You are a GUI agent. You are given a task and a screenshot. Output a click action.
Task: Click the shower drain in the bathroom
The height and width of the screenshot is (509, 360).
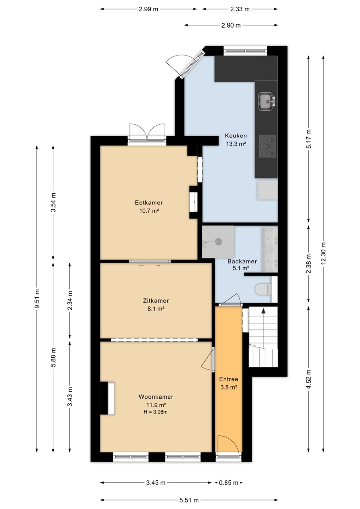click(x=219, y=241)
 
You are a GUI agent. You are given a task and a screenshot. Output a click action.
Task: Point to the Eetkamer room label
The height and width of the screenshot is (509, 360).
click(x=149, y=203)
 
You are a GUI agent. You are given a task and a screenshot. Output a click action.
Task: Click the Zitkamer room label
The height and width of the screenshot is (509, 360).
click(x=156, y=300)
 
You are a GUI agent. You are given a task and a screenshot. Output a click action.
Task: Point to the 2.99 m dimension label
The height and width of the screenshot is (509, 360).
click(x=149, y=9)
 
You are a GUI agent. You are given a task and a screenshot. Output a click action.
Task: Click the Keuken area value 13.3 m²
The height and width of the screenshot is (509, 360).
click(x=236, y=144)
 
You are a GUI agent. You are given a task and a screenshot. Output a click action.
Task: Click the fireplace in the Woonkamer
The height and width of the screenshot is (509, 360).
click(x=107, y=398)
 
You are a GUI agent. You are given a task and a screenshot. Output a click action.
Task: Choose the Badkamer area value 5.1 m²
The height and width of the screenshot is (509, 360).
click(x=239, y=268)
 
